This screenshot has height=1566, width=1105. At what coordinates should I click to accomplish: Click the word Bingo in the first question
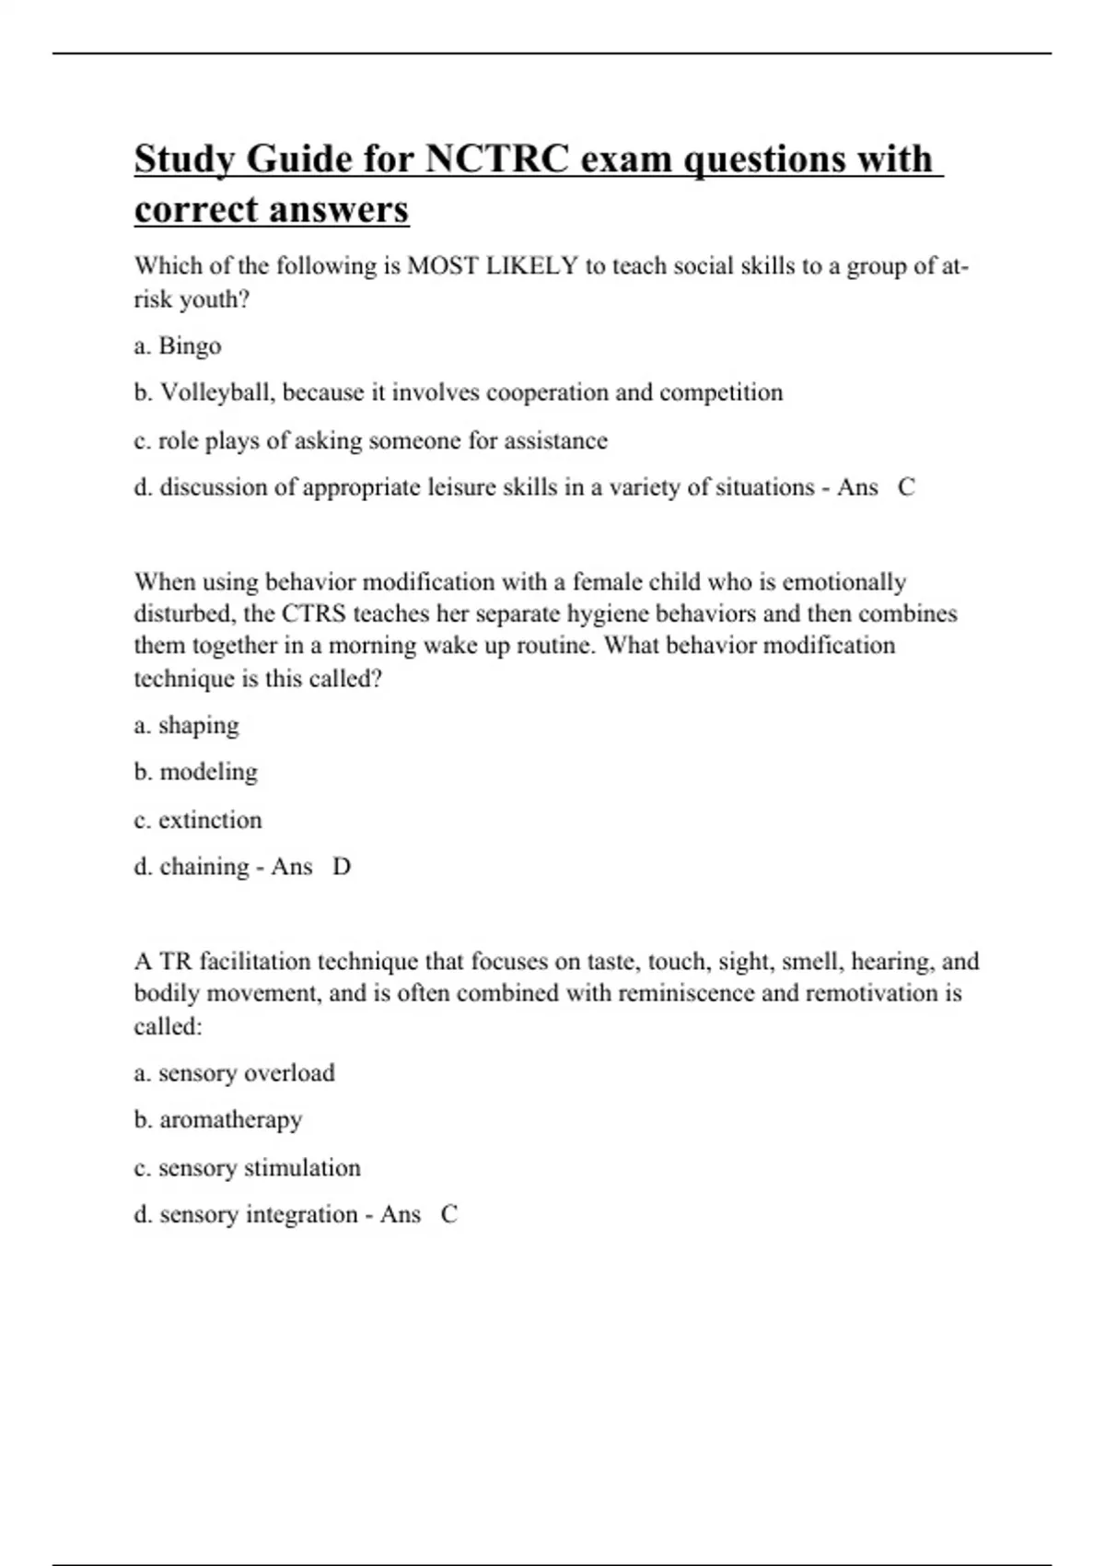[190, 345]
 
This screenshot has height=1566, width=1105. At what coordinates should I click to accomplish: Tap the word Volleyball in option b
[217, 392]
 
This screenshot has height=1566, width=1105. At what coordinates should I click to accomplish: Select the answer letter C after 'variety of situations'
[906, 487]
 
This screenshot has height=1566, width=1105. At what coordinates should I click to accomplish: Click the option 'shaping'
[198, 726]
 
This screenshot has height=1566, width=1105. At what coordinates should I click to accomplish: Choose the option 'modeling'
[208, 772]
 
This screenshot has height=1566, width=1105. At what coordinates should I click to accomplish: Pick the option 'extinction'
[210, 820]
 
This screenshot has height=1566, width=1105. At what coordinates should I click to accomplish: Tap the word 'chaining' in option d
[204, 867]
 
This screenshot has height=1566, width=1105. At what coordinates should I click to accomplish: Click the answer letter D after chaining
[342, 867]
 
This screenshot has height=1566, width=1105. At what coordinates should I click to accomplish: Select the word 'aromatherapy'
[230, 1120]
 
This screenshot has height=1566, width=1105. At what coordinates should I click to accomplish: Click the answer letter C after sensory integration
[448, 1215]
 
